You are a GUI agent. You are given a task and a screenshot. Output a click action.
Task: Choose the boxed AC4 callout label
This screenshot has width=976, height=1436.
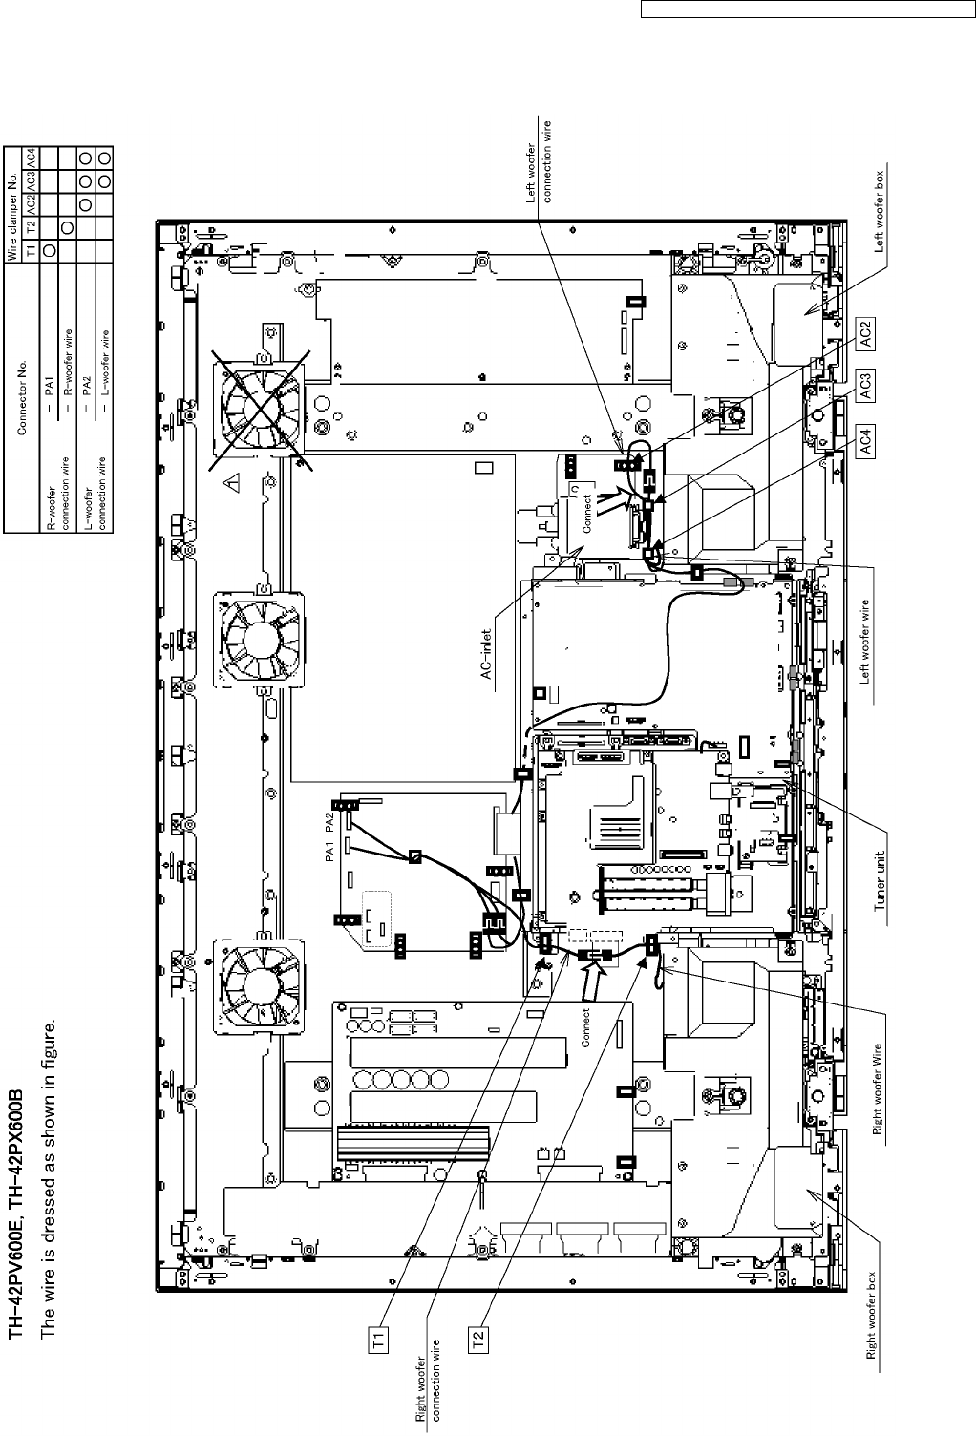click(864, 442)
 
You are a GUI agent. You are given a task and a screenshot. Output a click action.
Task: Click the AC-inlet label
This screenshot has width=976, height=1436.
click(486, 655)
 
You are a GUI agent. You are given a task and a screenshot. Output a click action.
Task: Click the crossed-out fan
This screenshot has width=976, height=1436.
click(261, 410)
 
